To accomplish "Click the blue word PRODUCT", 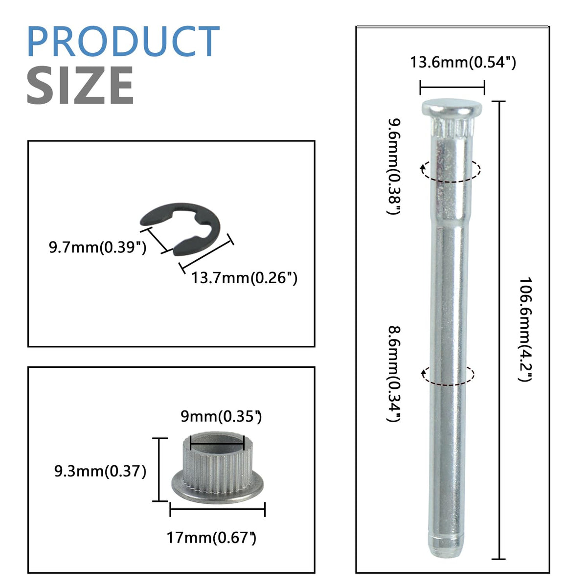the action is coord(123,41).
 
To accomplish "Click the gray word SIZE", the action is coord(80,85).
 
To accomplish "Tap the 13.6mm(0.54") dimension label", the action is coord(463,62).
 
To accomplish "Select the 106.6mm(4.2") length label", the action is coord(525,329).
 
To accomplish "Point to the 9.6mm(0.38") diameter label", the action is coord(394,166).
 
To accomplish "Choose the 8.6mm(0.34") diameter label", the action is coord(394,374).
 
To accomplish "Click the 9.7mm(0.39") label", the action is coord(97,247).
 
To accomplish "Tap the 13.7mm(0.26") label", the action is coord(244,278).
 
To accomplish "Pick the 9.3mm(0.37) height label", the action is coord(100,471).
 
